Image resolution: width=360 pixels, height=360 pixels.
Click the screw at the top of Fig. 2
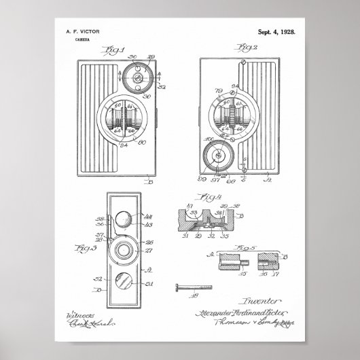(244, 62)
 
